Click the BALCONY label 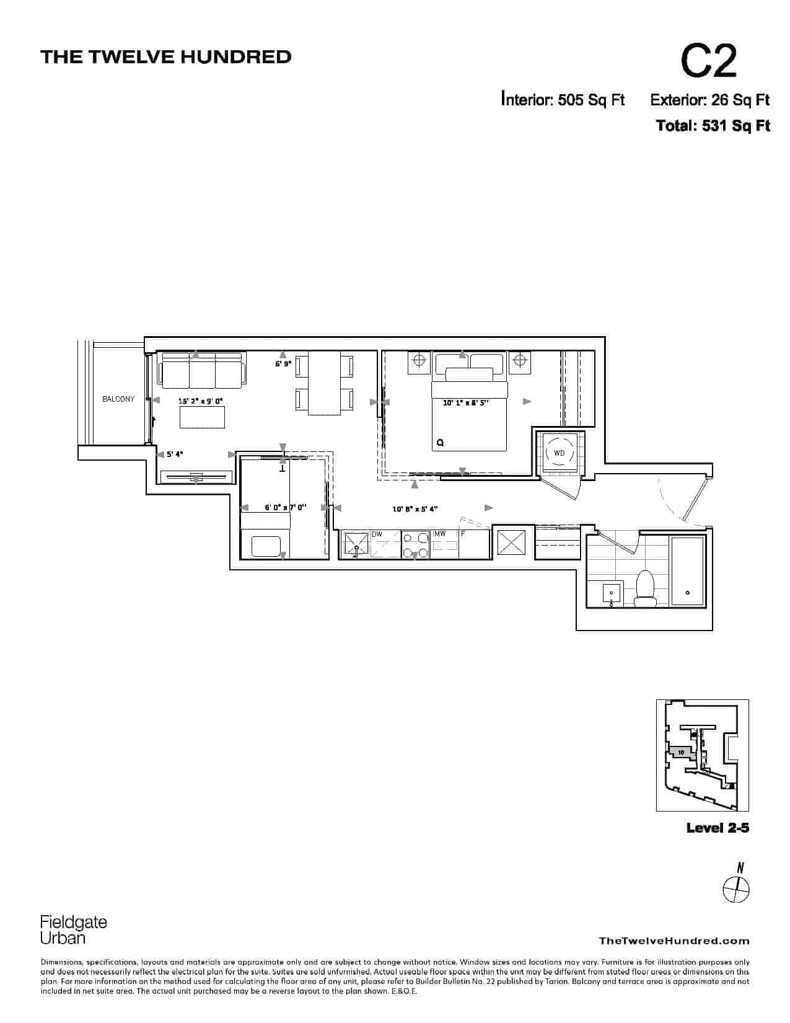point(118,399)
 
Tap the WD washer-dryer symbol point(559,453)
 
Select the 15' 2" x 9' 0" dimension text point(200,402)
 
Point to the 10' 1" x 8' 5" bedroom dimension point(465,403)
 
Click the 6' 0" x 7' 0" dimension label point(285,508)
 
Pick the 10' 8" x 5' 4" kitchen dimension point(415,509)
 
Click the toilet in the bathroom point(645,588)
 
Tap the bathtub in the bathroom point(687,570)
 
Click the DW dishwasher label point(377,534)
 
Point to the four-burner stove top point(416,544)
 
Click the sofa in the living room point(202,370)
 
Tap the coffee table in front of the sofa point(202,417)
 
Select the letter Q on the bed point(441,443)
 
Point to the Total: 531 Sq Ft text point(713,126)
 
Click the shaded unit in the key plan point(682,752)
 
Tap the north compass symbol point(736,889)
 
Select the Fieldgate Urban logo point(73,930)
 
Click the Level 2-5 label point(718,828)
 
